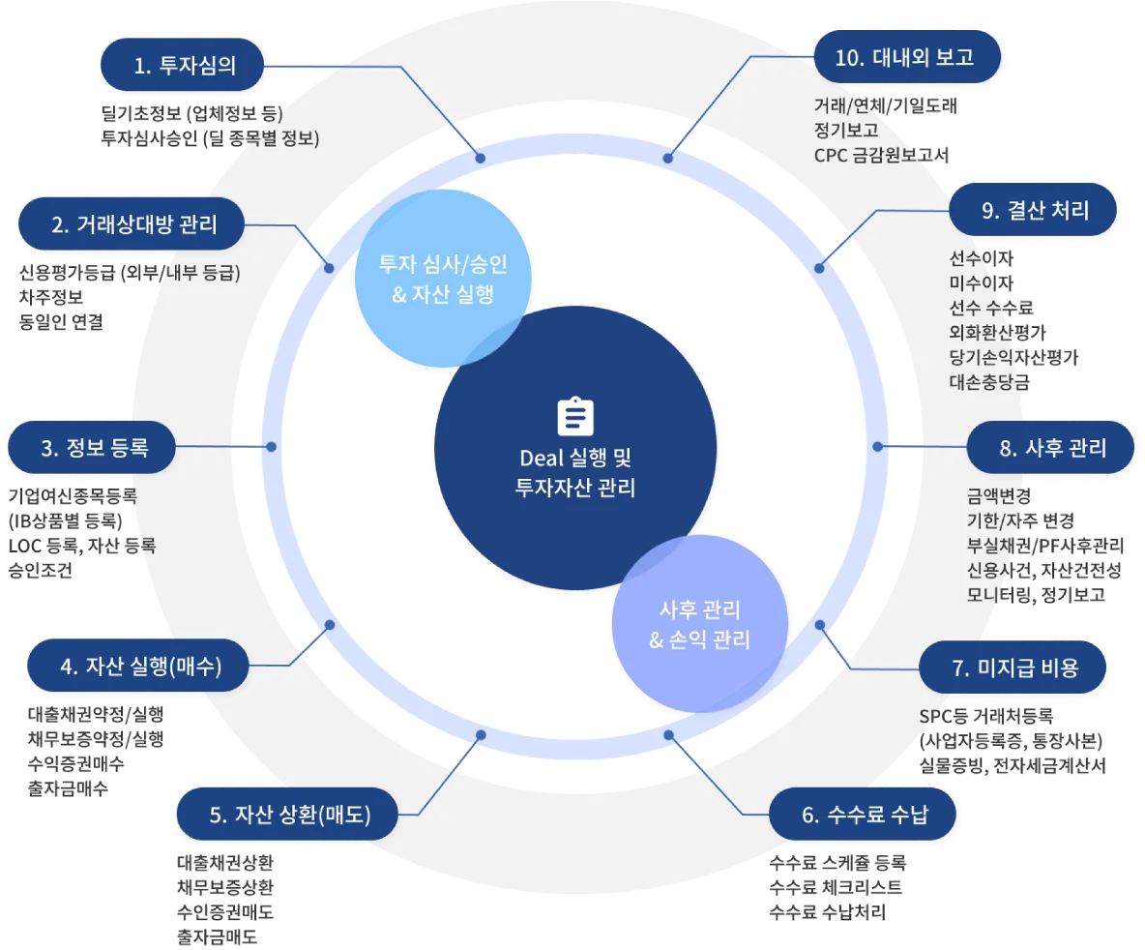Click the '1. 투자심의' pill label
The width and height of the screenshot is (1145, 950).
pos(184,66)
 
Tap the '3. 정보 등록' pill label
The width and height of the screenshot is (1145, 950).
pos(93,448)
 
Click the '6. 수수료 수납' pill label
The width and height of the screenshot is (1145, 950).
pos(864,815)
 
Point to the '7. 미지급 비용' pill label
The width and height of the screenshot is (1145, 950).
pos(1013,668)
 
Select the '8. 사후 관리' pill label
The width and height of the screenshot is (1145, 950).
pos(1051,448)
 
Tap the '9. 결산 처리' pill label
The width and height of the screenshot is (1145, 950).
pos(1035,211)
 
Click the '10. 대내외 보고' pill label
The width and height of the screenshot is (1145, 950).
pos(903,57)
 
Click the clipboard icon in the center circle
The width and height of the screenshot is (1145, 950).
pos(576,416)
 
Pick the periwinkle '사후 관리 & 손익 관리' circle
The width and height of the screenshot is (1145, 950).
pos(699,624)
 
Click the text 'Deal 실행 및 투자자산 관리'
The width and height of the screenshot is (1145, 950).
pos(576,472)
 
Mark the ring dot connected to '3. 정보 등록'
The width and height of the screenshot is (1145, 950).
pos(272,447)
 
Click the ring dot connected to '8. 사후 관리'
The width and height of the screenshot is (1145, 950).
pos(878,447)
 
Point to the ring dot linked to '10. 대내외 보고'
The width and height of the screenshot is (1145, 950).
pos(667,157)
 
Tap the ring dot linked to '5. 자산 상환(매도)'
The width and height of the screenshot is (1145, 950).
pos(481,735)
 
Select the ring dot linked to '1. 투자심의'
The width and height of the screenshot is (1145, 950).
pos(480,157)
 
